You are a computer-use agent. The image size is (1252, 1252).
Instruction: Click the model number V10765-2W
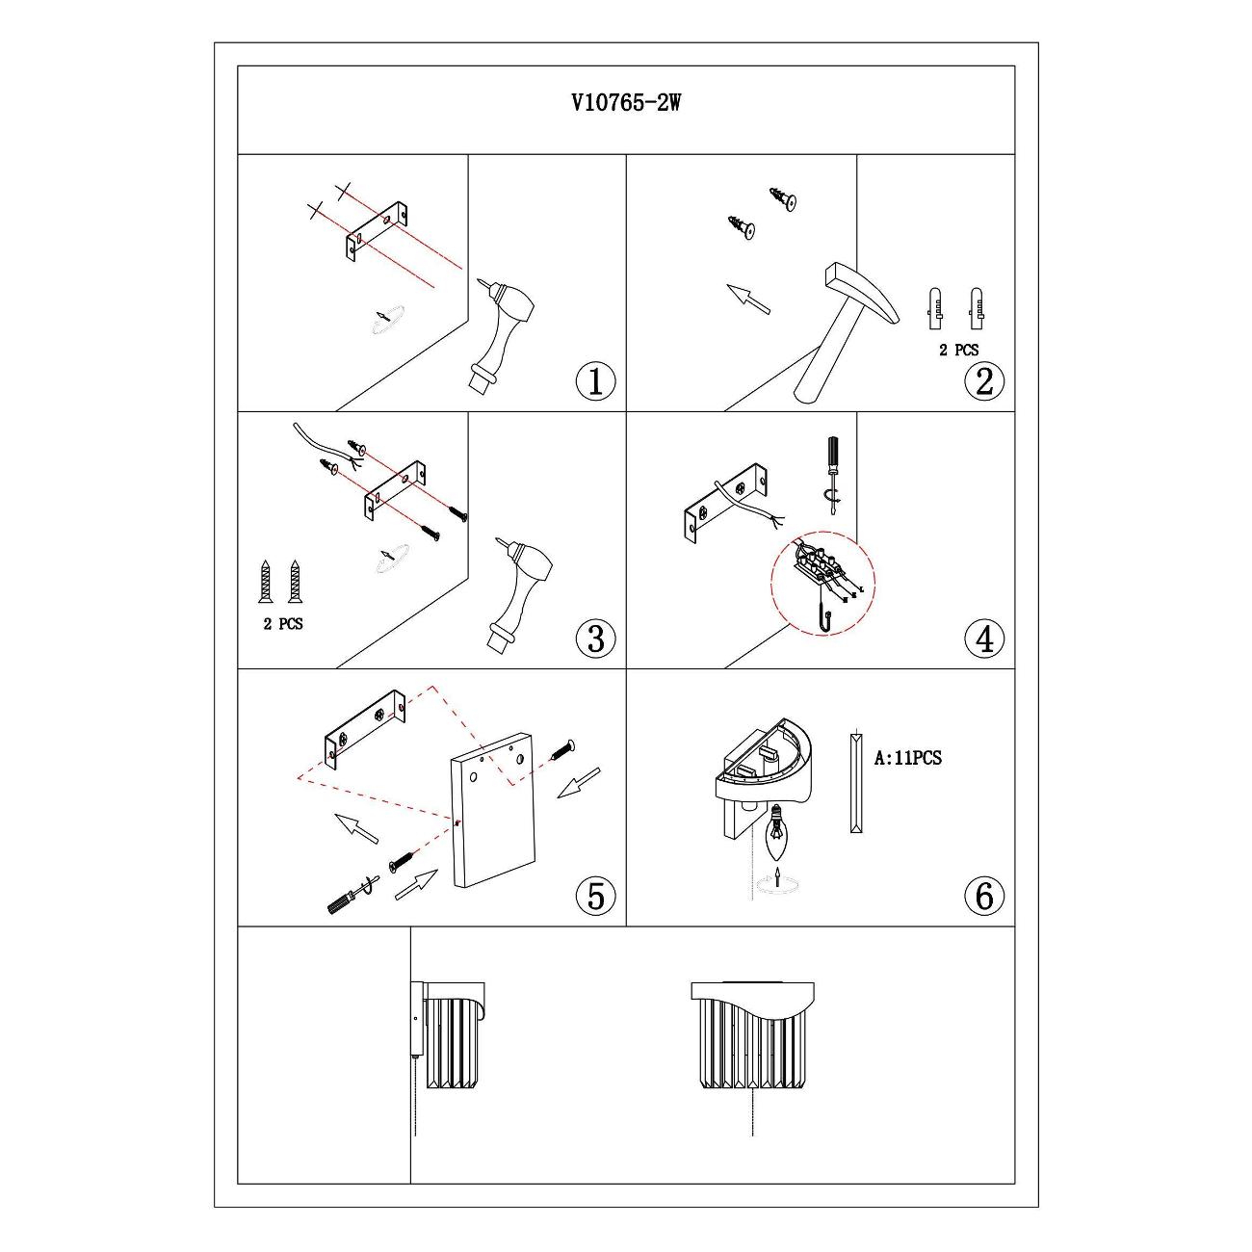626,103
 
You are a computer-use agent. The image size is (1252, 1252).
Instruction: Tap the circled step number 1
595,381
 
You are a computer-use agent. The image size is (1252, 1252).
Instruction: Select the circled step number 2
984,381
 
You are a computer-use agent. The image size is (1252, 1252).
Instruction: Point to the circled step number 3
595,639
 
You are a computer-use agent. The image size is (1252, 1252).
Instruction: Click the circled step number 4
984,639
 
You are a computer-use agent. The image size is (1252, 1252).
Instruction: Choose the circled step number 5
595,896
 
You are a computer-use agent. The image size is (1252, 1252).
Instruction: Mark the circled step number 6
984,896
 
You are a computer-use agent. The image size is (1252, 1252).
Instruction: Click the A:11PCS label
907,758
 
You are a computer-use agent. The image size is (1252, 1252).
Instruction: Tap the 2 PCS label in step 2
958,351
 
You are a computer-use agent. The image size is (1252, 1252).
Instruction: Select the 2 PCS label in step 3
283,624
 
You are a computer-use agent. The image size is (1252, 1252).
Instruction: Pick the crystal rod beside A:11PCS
856,783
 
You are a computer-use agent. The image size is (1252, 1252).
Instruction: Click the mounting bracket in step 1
377,231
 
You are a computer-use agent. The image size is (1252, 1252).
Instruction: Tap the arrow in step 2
748,299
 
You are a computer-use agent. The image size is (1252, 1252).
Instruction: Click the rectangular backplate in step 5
493,810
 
